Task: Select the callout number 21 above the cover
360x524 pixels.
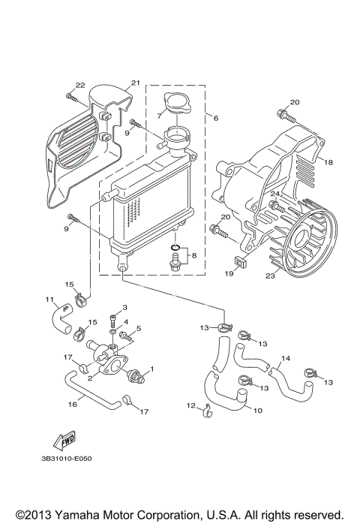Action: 136,83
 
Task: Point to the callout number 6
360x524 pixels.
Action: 216,118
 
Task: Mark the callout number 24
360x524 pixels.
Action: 275,194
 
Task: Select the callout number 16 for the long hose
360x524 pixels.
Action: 73,403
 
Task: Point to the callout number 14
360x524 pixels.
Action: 285,359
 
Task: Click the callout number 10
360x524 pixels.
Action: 257,411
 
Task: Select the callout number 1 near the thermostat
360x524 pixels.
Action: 151,369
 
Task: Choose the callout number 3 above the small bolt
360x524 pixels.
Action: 124,308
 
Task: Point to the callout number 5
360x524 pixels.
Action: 138,328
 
